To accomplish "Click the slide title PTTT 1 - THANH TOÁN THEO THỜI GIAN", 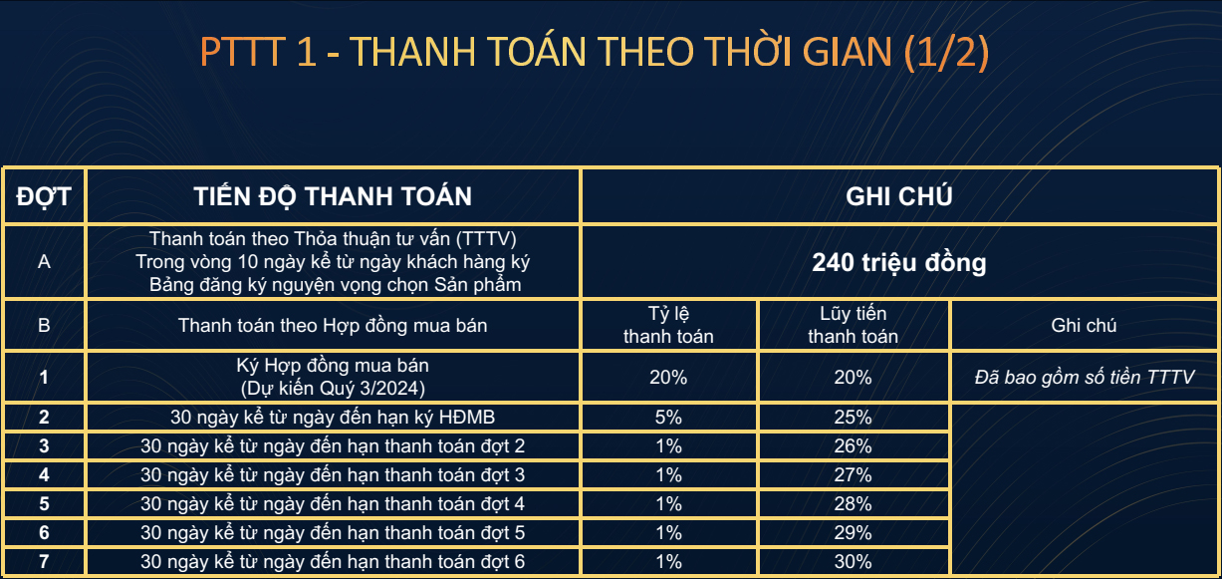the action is click(595, 52).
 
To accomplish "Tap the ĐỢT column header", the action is click(44, 197).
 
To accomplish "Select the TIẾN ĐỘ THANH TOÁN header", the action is click(333, 196).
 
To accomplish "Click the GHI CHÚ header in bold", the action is click(899, 196).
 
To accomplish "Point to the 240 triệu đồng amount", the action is click(899, 262).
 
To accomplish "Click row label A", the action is click(44, 262).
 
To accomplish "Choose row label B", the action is click(44, 325).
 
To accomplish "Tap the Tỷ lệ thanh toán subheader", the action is click(669, 325).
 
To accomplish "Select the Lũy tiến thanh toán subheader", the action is click(854, 325).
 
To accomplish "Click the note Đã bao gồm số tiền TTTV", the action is click(1085, 377).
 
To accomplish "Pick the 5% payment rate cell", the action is click(669, 418).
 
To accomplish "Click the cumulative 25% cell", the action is click(854, 418).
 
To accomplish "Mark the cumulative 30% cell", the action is click(854, 561).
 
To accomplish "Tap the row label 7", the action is click(44, 561).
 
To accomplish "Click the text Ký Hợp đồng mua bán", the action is click(333, 365).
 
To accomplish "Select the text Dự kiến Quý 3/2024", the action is click(333, 388).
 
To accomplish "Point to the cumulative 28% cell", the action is click(854, 503).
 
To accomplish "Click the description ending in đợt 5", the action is click(333, 532).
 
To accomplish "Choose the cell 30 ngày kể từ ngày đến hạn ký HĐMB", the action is click(333, 418).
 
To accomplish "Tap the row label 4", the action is click(44, 474).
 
